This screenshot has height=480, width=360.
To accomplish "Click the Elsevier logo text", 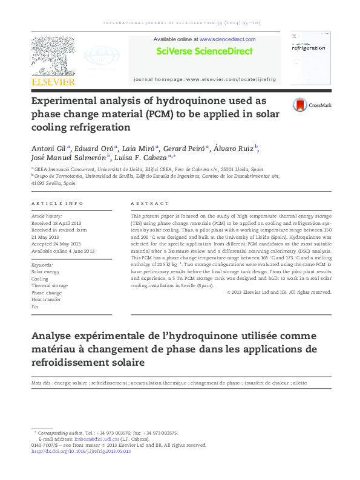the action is pos(53,82).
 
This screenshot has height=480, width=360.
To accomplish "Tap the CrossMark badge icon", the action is pos(299,105).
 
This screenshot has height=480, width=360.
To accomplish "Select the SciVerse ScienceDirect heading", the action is pos(204,51).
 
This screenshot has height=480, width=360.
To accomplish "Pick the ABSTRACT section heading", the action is pos(150,204).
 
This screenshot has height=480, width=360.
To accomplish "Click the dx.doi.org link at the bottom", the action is pos(80,451).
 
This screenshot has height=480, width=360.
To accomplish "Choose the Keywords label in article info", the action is pos(42,265).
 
